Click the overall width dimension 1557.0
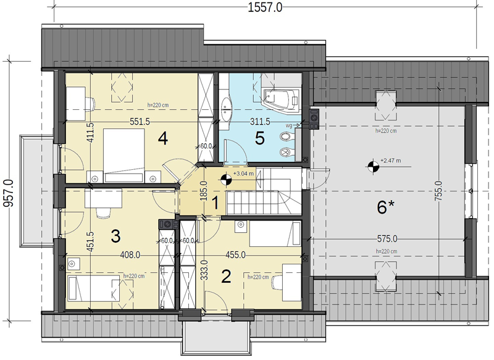(265, 7)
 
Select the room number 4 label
(163, 138)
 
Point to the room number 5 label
(259, 138)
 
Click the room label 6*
(385, 207)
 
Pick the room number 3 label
(115, 237)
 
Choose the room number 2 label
(226, 276)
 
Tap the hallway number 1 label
(216, 203)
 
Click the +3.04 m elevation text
(243, 174)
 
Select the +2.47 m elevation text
(391, 161)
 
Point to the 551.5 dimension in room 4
(140, 122)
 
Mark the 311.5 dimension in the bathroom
(260, 121)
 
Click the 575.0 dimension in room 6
(387, 239)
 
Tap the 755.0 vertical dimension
(438, 191)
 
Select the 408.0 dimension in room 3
(130, 255)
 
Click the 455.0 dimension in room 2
(235, 255)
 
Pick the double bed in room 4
(124, 156)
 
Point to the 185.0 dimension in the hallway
(204, 191)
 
